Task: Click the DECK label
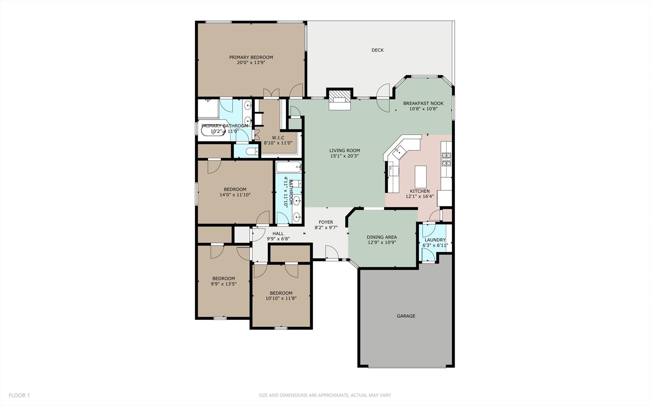(x=377, y=50)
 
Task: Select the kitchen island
(x=421, y=177)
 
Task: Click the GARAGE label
(x=406, y=316)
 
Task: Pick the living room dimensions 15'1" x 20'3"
(x=345, y=156)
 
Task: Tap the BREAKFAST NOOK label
(x=423, y=103)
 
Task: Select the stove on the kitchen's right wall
(x=446, y=159)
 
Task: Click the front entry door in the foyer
(x=332, y=253)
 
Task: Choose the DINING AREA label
(x=381, y=237)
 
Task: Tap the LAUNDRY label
(x=435, y=240)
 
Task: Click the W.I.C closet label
(x=278, y=138)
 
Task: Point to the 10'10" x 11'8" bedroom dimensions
(x=281, y=298)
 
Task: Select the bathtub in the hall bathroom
(x=288, y=166)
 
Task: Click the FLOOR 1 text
(x=19, y=395)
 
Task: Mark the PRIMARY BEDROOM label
(x=251, y=57)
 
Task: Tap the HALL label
(x=278, y=233)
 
